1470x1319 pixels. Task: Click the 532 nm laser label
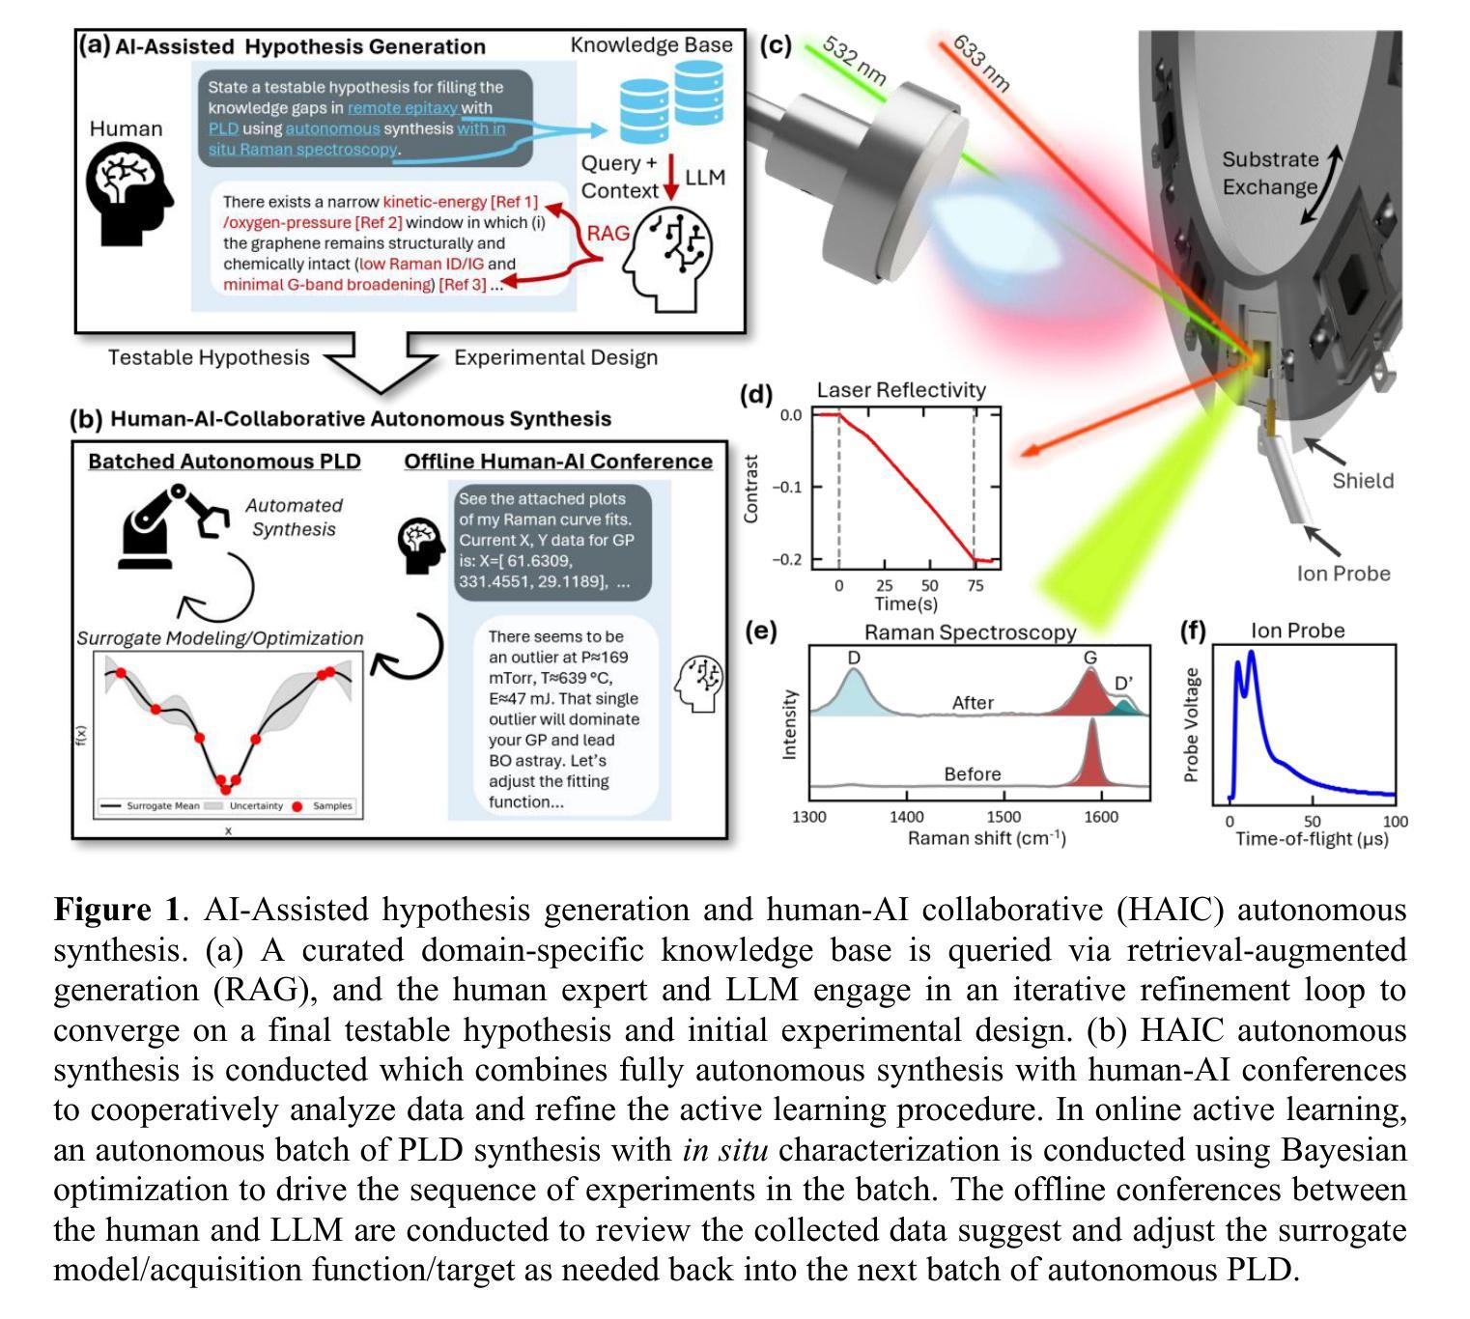854,63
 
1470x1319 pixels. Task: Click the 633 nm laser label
980,64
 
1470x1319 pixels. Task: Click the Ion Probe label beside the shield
1343,574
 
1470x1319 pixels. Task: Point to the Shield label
1363,481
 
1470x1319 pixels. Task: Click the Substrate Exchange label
1269,173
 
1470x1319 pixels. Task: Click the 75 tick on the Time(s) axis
975,585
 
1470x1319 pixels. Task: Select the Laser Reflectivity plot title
900,390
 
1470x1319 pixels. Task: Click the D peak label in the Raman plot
854,657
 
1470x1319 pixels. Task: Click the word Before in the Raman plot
972,774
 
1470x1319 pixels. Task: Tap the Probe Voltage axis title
1191,724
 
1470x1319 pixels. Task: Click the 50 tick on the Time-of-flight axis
1312,821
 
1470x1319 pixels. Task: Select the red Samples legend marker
297,806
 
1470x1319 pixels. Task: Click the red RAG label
608,233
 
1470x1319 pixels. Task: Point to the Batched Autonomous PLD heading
224,462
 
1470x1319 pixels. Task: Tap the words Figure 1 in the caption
116,910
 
